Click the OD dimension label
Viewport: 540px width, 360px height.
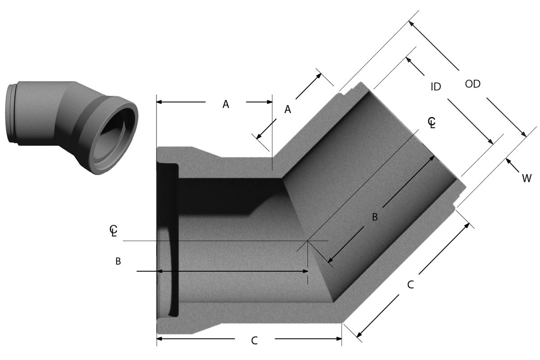[472, 84]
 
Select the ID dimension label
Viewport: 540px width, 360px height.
[436, 87]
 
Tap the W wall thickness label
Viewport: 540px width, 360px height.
[526, 179]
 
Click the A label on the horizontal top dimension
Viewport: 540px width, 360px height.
[226, 104]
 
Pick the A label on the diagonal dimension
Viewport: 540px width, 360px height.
[288, 109]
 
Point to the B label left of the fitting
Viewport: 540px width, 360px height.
[118, 261]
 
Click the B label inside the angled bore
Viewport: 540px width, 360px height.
[374, 217]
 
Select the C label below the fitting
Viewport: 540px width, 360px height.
[254, 341]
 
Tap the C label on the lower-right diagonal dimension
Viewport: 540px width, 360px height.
[410, 284]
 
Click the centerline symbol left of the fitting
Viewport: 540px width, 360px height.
[113, 231]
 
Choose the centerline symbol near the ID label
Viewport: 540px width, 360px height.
[432, 122]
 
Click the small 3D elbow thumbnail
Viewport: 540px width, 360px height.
[72, 126]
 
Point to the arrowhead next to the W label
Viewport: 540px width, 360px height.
[508, 161]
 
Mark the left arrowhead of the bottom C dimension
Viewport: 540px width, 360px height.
[160, 338]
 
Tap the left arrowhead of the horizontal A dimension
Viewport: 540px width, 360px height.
[160, 102]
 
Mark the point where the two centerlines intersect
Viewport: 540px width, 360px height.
[308, 241]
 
